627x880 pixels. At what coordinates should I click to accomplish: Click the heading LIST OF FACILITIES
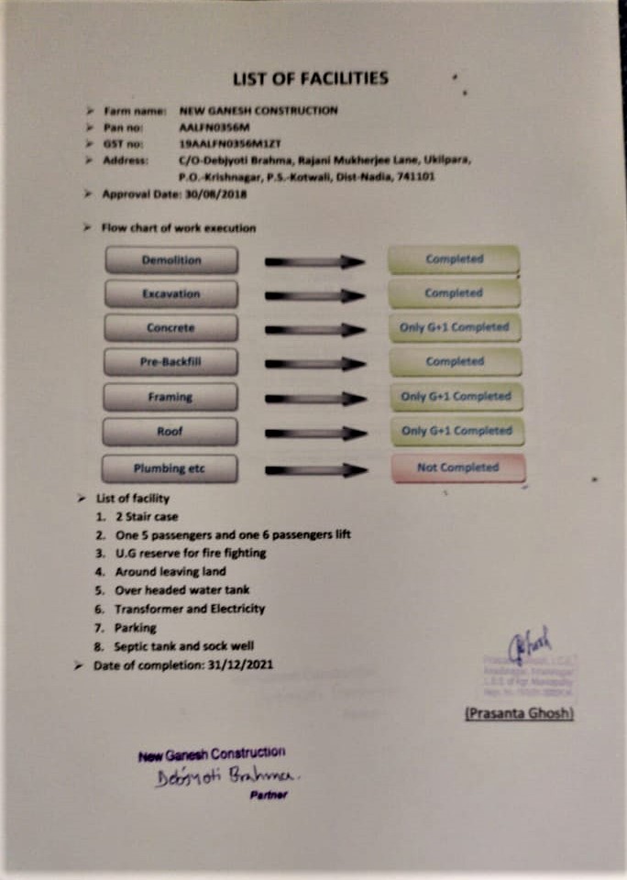click(x=310, y=78)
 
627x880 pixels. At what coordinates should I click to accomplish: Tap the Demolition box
click(x=171, y=260)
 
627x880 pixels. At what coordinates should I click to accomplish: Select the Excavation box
click(x=171, y=294)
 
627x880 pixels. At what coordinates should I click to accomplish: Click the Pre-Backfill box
click(x=171, y=362)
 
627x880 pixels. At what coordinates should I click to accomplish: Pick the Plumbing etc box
click(x=170, y=469)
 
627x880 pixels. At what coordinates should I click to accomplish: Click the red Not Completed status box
click(x=457, y=467)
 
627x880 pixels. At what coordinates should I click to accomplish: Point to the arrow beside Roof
click(x=314, y=432)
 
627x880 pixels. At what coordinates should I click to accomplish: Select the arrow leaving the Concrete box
click(x=314, y=329)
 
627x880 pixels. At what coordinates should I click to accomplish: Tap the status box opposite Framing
click(x=455, y=396)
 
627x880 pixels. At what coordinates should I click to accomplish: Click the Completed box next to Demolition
click(x=454, y=259)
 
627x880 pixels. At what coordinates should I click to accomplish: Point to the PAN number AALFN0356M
click(x=208, y=127)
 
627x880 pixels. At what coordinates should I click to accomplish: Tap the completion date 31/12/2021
click(x=232, y=665)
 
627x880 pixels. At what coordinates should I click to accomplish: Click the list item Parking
click(x=135, y=628)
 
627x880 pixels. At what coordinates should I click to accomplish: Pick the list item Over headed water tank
click(x=181, y=589)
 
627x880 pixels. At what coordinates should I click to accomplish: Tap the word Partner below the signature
click(x=269, y=795)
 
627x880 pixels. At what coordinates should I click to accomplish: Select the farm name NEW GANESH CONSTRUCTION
click(x=258, y=111)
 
